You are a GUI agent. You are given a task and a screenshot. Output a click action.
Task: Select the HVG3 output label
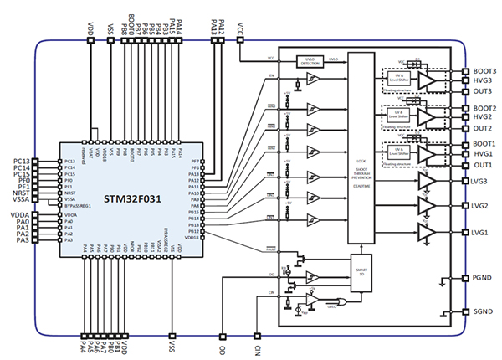(483, 81)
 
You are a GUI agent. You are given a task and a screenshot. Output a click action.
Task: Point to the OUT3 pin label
(482, 91)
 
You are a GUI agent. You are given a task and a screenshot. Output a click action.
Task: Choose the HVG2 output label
(483, 118)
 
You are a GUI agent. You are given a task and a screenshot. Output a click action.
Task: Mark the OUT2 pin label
(482, 129)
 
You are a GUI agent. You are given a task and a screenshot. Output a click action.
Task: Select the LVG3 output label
(483, 182)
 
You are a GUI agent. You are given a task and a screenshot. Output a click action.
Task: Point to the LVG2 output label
(483, 206)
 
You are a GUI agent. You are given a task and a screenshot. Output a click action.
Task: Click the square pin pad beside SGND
(465, 311)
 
